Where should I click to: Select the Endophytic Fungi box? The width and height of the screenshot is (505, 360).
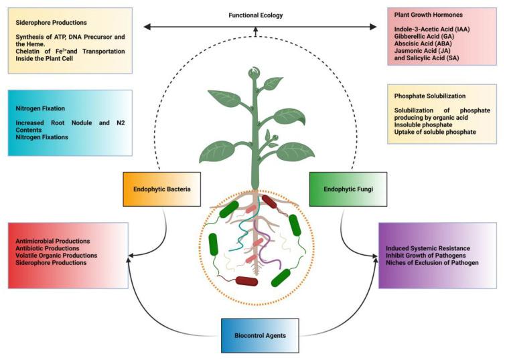(x=341, y=189)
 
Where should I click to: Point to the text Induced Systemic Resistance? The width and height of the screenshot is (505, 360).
(x=428, y=248)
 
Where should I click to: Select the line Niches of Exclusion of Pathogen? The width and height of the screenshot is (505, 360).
(x=433, y=263)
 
